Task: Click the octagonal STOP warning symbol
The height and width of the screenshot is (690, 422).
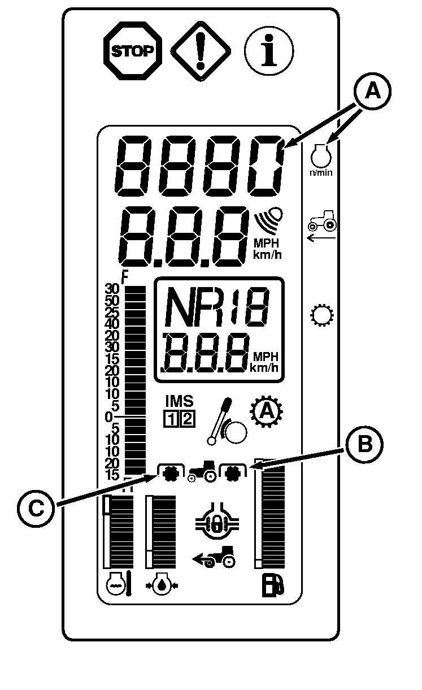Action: coord(132,51)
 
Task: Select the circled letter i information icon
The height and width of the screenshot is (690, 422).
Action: coord(269,51)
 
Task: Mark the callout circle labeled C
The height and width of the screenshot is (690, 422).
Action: coord(36,507)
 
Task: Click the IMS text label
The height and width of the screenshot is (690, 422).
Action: coord(179,401)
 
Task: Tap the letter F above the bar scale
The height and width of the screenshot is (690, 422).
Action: coord(125,277)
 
